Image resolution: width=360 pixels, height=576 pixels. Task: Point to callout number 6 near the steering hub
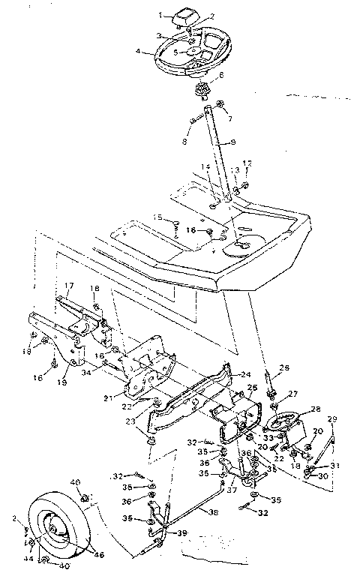[x=220, y=76]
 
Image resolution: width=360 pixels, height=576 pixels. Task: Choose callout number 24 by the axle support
[x=245, y=373]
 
